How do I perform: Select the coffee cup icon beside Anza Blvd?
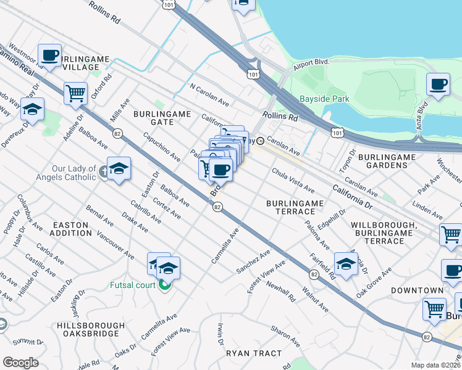pos(438,84)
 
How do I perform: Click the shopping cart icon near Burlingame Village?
pos(75,94)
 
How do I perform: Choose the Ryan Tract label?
pos(253,353)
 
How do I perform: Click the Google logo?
pos(20,363)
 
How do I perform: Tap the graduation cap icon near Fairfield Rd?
pos(346,263)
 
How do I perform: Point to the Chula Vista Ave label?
pos(293,181)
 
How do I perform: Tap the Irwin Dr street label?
pos(219,334)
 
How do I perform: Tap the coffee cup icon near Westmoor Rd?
pos(49,55)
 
